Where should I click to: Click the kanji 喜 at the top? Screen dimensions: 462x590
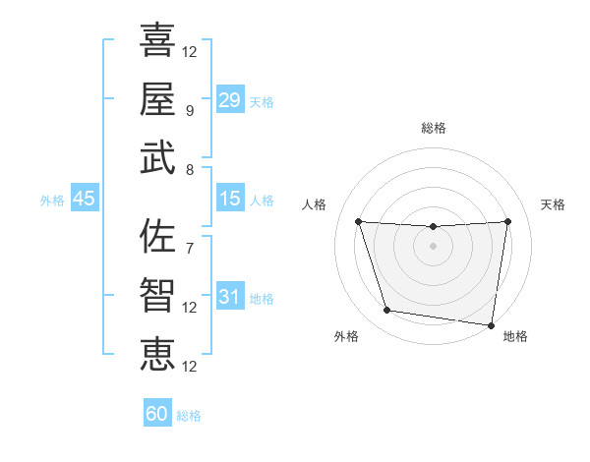click(157, 40)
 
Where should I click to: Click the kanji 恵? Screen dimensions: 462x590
click(157, 354)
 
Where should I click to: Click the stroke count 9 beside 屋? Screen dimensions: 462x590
click(189, 111)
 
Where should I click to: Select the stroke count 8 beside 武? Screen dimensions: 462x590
click(189, 170)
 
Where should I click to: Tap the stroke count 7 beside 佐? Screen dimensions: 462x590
click(189, 249)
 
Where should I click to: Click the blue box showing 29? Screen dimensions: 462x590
click(229, 100)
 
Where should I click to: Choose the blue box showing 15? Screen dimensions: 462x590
click(229, 199)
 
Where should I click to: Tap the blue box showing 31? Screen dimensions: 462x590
click(229, 297)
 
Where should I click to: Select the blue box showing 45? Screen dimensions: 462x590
click(84, 199)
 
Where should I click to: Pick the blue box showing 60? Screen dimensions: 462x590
click(157, 414)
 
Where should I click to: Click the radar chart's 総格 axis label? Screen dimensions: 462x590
click(434, 128)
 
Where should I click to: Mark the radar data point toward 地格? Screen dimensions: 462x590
click(493, 324)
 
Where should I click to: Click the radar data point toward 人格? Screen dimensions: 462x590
click(358, 221)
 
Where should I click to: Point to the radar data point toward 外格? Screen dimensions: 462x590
click(387, 311)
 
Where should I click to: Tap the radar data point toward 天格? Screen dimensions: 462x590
click(507, 221)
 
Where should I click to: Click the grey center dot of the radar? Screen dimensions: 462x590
click(433, 246)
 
